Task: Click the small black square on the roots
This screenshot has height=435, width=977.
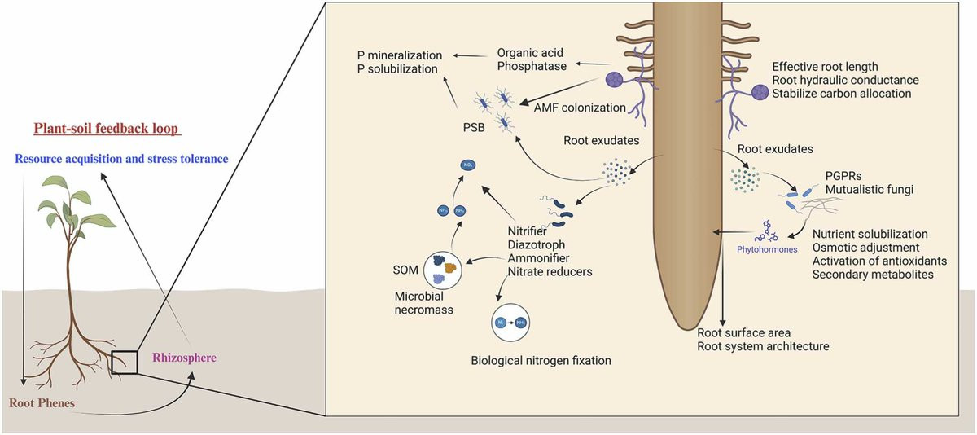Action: pyautogui.click(x=125, y=361)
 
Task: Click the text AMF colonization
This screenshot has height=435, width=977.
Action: pyautogui.click(x=579, y=107)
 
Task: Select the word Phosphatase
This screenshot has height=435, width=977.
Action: pyautogui.click(x=532, y=66)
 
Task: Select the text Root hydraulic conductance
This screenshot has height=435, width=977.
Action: pyautogui.click(x=845, y=80)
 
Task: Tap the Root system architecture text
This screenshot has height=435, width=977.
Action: pyautogui.click(x=763, y=346)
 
